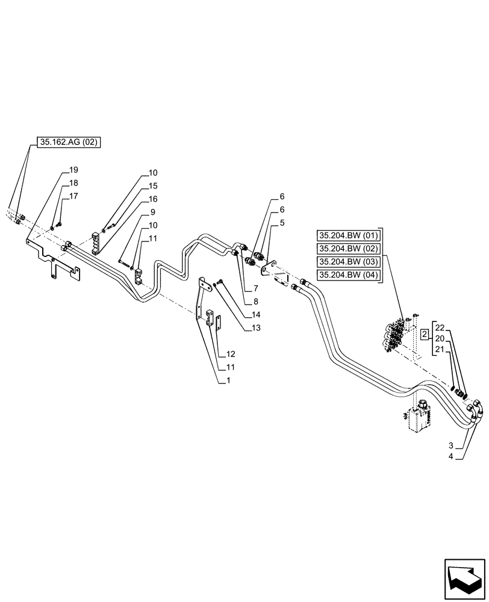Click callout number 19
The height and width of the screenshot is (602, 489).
[x=73, y=170]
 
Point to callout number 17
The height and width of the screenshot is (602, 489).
[x=73, y=196]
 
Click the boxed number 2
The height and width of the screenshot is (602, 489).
[x=425, y=333]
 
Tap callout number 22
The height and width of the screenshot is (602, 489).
[x=440, y=327]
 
